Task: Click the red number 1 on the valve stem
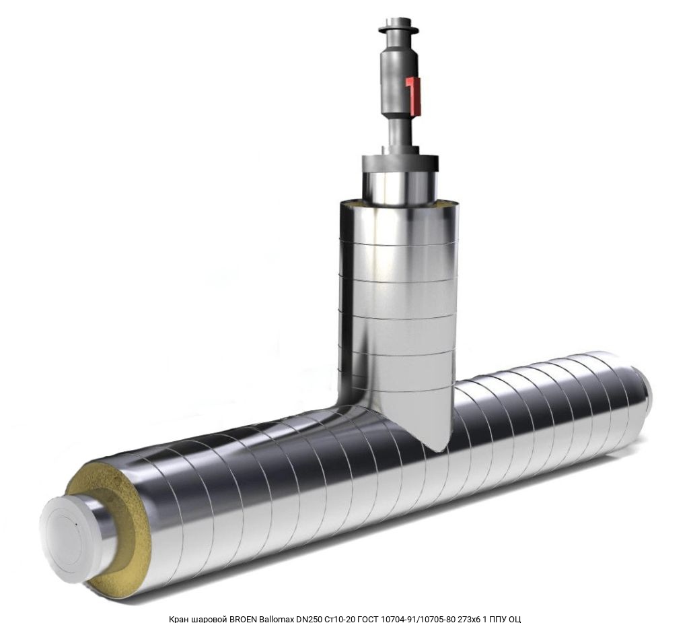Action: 413,94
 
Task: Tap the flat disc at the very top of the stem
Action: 398,30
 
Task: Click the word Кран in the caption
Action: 179,619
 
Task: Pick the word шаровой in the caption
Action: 209,619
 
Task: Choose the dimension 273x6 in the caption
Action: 470,619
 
